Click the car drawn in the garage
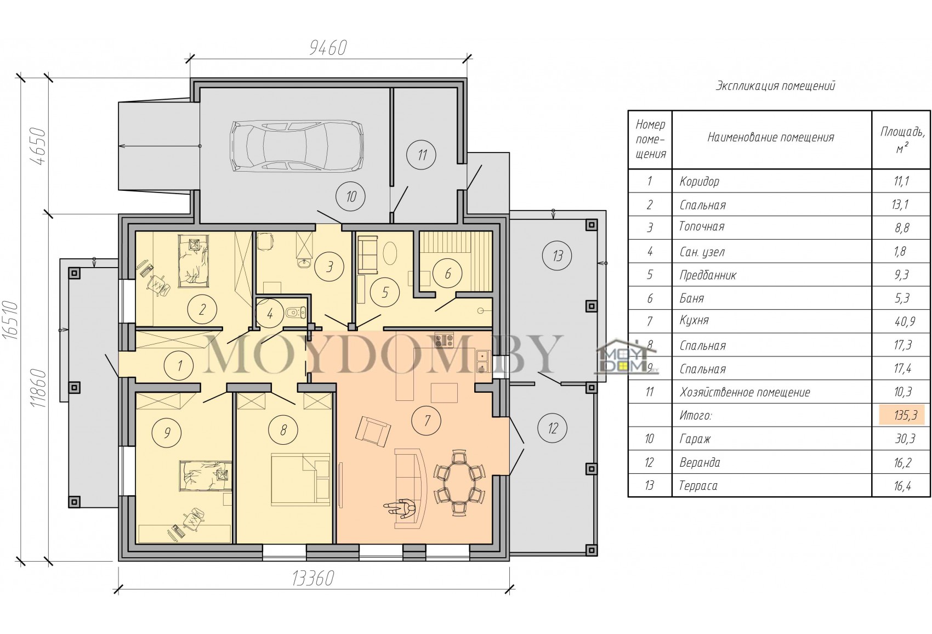297,146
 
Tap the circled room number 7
427,421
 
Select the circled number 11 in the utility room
422,155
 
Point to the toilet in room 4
296,311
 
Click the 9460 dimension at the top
328,48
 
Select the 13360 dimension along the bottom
312,579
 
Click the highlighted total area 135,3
902,415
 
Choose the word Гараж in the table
695,439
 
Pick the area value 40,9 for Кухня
901,321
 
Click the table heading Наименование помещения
771,137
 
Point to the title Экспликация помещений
775,86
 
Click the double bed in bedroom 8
300,479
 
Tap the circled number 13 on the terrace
557,255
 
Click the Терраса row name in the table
698,485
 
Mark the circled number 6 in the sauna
448,274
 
